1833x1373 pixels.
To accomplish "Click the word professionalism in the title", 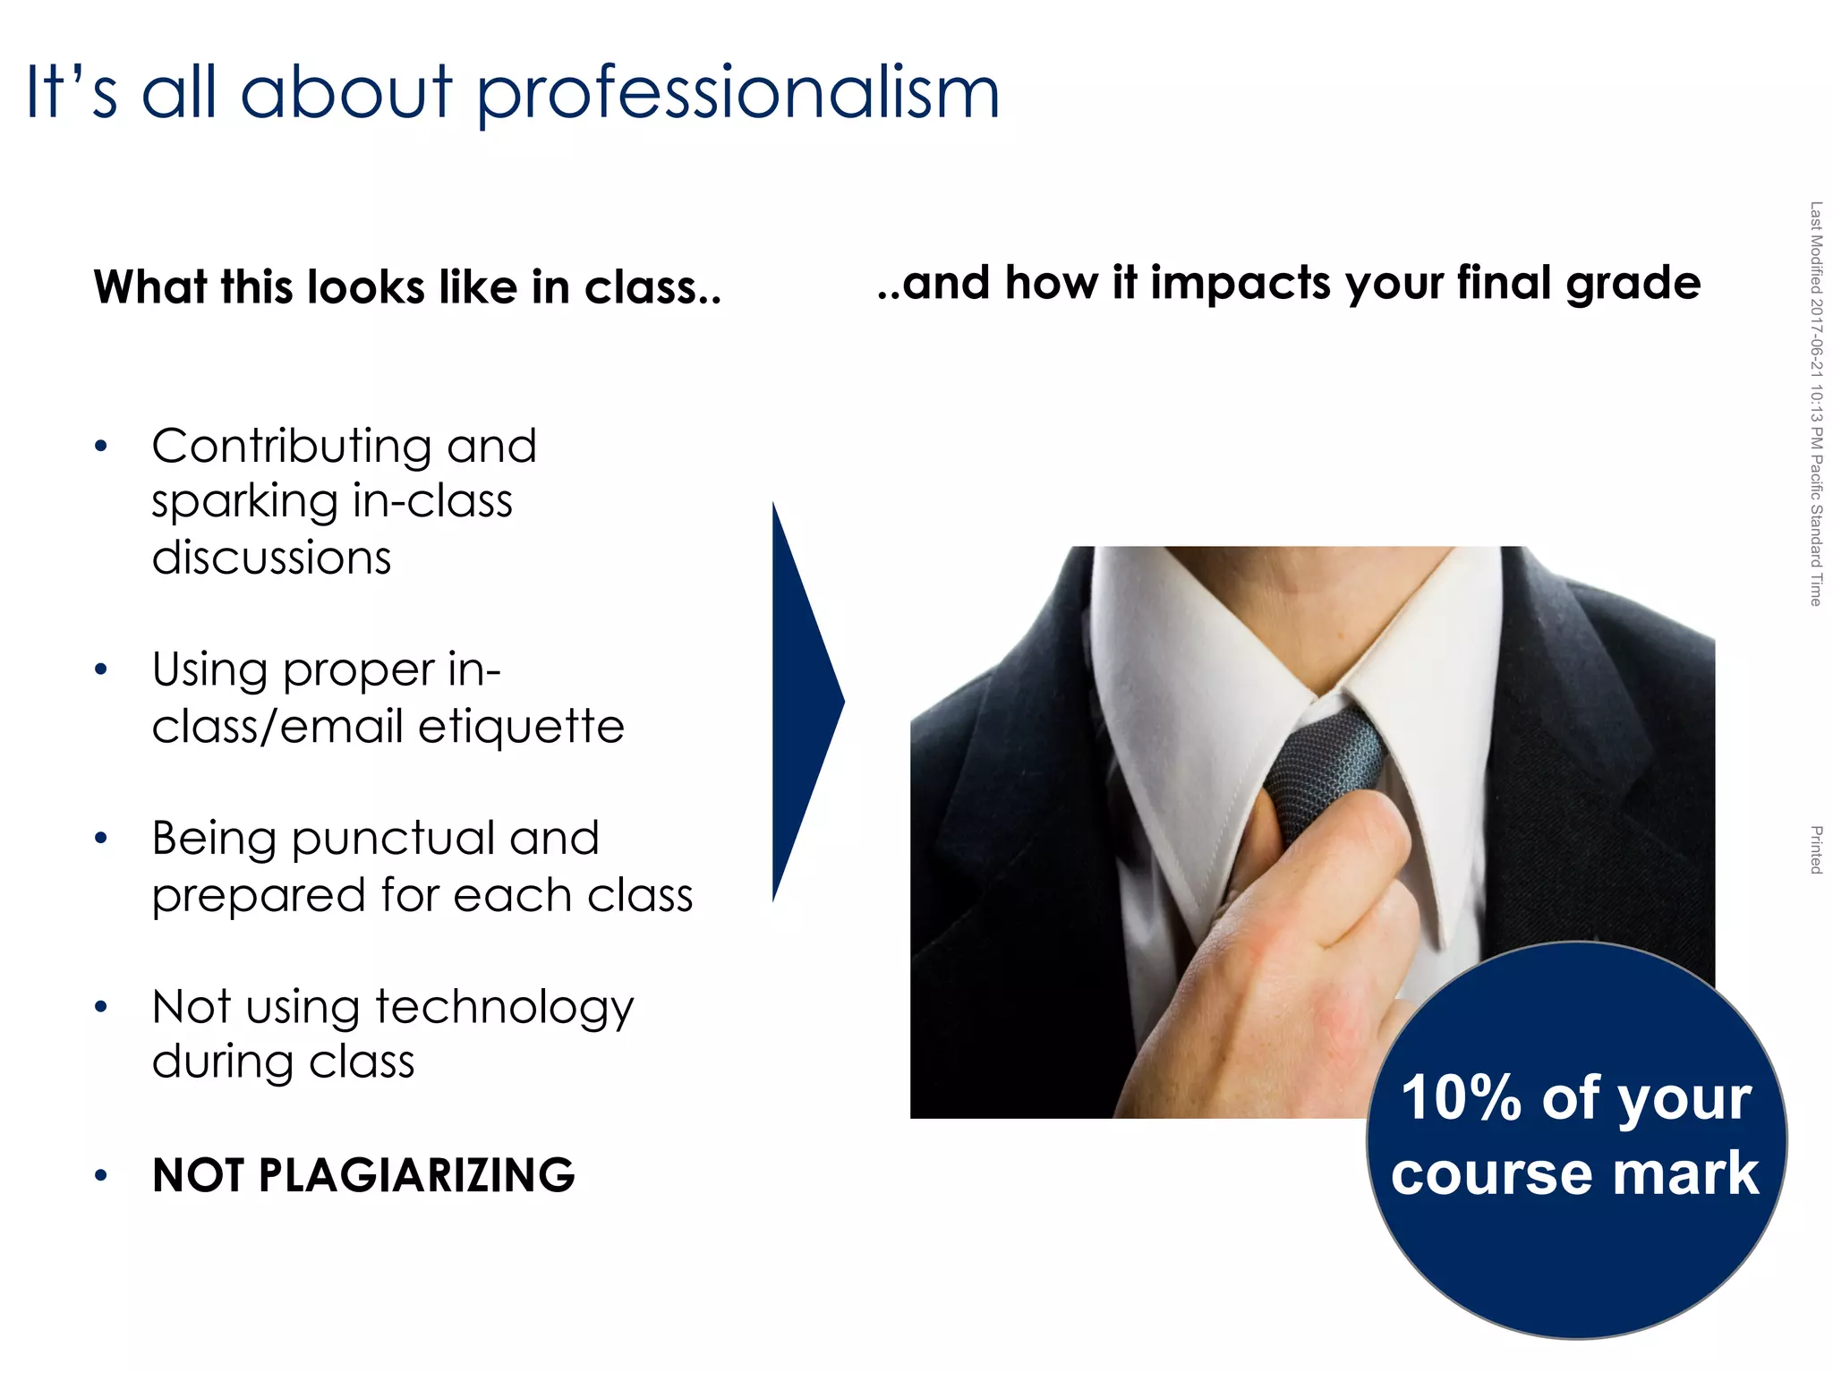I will click(x=737, y=94).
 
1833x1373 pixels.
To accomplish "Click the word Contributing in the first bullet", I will click(x=291, y=446).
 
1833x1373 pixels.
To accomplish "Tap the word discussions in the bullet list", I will click(x=271, y=558).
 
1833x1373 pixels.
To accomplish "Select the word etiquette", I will click(x=521, y=726).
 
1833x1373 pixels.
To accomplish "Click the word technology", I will click(x=505, y=1009).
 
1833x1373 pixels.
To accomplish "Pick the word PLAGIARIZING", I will click(x=416, y=1175).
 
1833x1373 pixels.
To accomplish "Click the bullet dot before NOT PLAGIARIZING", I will click(x=101, y=1176).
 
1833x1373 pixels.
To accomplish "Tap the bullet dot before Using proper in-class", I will click(x=101, y=669).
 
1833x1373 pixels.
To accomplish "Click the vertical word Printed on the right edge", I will click(x=1816, y=849).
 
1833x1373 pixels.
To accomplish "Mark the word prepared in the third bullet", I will click(x=259, y=896).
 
